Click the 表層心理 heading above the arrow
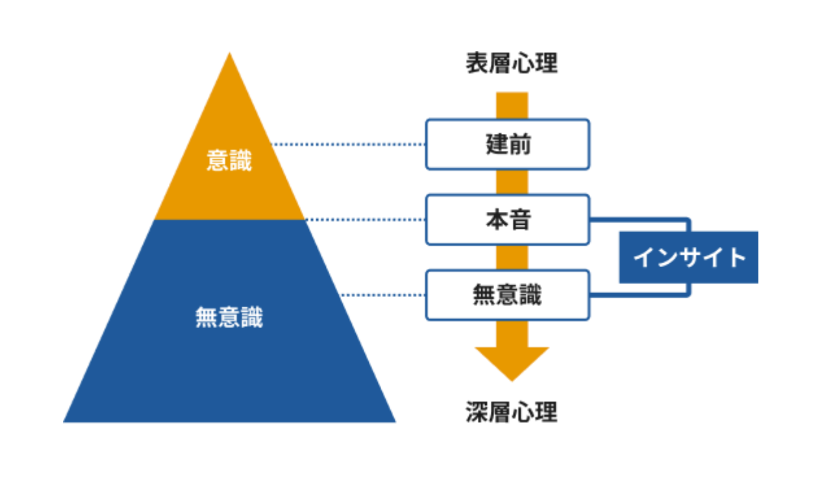coord(511,64)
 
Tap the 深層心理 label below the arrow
coord(511,412)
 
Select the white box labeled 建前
coord(507,144)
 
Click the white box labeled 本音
coord(507,220)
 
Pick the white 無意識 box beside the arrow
coord(507,295)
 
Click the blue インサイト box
coord(688,257)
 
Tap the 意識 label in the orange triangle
coord(229,161)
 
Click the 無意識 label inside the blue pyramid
coord(229,318)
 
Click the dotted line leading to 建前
coord(347,144)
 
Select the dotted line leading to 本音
coord(364,220)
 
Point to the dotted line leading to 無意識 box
coord(383,295)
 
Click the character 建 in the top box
coord(496,144)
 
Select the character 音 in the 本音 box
coord(519,220)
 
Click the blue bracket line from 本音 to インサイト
coord(640,219)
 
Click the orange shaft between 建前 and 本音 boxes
coord(512,182)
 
